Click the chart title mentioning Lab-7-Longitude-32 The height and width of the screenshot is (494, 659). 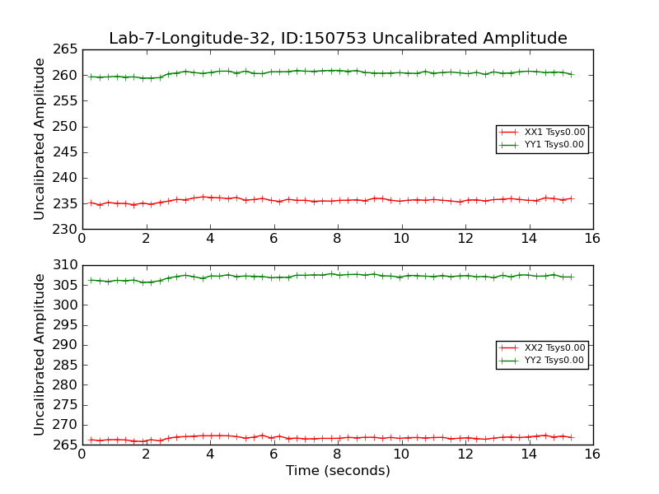click(x=338, y=38)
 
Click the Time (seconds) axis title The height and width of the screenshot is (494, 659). click(x=338, y=471)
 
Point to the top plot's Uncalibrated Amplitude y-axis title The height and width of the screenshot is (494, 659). click(x=40, y=139)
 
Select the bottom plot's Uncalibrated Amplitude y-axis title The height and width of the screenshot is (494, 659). click(x=40, y=355)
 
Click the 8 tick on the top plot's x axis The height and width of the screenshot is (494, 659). click(x=337, y=239)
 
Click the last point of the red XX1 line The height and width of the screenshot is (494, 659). click(x=572, y=198)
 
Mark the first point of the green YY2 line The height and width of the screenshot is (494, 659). click(x=91, y=280)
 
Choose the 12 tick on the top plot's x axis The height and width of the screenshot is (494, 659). click(x=465, y=239)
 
